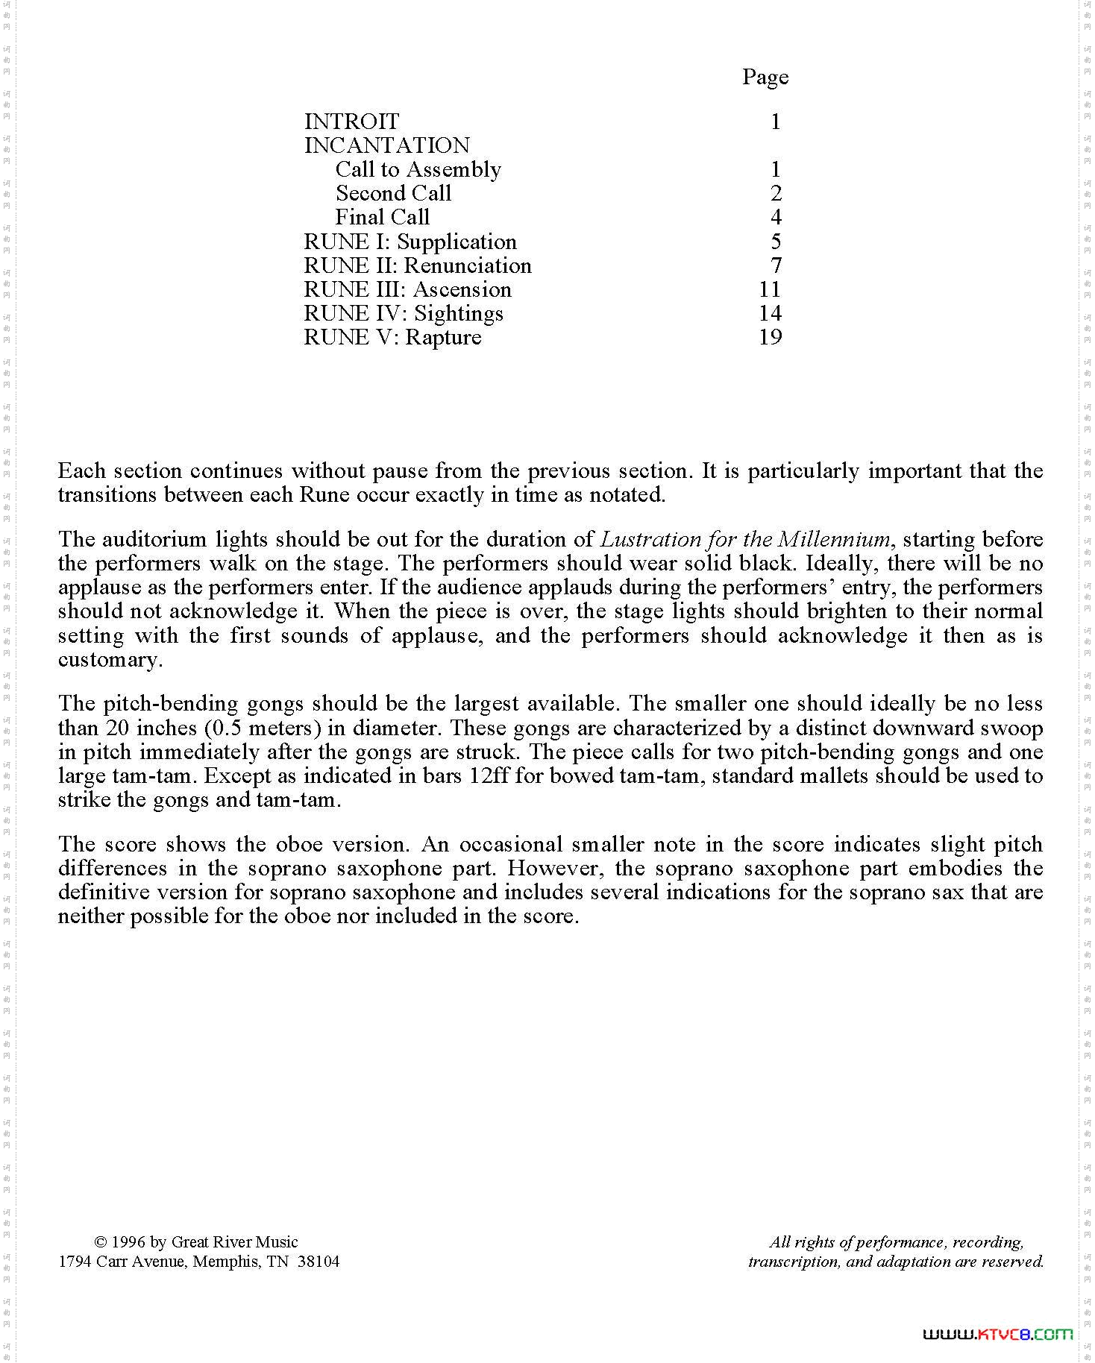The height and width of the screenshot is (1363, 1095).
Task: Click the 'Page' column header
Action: pos(765,77)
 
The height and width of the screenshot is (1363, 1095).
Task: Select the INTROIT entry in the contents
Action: pos(351,121)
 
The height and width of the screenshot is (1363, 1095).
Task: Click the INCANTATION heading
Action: pos(387,145)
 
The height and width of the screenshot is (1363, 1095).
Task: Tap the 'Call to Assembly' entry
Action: pos(418,169)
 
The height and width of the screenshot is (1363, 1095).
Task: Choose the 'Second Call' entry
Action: pos(393,193)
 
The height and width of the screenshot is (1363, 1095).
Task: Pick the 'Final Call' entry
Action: pos(383,217)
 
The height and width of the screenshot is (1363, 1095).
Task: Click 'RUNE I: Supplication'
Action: pos(410,242)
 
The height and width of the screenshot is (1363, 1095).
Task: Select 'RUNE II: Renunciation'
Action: pos(418,265)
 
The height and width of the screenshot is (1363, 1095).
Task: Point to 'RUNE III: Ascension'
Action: pos(407,289)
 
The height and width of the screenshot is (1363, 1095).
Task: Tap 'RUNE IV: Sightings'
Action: pos(404,313)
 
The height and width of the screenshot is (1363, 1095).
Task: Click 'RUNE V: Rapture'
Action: pos(392,337)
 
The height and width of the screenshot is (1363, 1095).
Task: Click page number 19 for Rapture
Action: pos(770,337)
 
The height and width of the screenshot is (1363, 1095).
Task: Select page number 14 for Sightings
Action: pos(770,313)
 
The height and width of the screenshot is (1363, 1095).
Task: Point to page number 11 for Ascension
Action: pos(770,289)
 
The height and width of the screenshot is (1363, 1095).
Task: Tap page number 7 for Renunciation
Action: pos(776,265)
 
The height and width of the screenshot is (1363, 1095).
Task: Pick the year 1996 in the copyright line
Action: pos(128,1241)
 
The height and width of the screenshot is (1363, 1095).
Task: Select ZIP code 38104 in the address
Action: pos(319,1261)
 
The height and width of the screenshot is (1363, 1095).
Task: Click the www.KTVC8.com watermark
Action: pos(997,1334)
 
